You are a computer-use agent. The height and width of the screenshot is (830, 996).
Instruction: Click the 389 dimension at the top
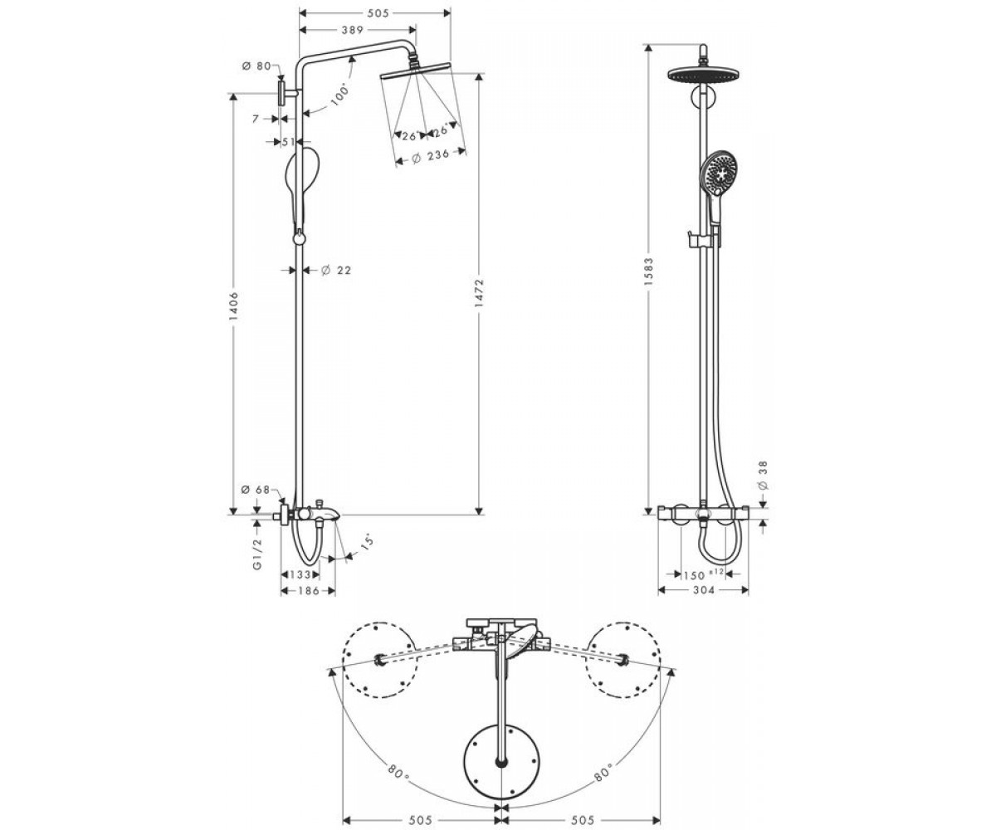pyautogui.click(x=353, y=30)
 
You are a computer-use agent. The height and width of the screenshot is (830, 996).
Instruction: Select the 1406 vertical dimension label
pyautogui.click(x=234, y=305)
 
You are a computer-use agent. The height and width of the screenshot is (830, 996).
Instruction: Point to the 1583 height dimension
pyautogui.click(x=648, y=272)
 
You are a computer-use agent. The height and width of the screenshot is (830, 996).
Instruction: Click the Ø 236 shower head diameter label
pyautogui.click(x=430, y=156)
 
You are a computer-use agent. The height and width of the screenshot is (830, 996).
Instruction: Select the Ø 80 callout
pyautogui.click(x=256, y=66)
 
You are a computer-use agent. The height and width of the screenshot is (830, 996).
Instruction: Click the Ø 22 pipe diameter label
pyautogui.click(x=336, y=271)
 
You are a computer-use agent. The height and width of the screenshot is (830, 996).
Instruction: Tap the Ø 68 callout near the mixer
pyautogui.click(x=256, y=490)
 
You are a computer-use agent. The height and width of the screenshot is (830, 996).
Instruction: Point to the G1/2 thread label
pyautogui.click(x=257, y=554)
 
